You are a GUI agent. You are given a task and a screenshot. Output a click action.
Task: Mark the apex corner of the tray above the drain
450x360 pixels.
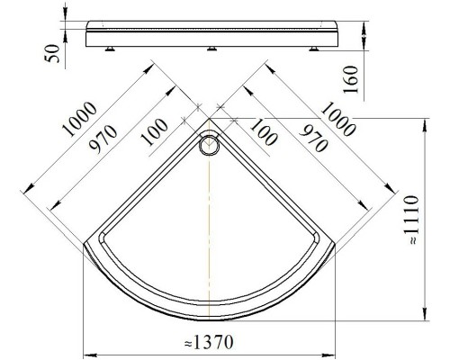[x=209, y=120]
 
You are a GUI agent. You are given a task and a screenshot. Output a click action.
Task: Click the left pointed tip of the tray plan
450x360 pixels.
[x=84, y=243]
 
